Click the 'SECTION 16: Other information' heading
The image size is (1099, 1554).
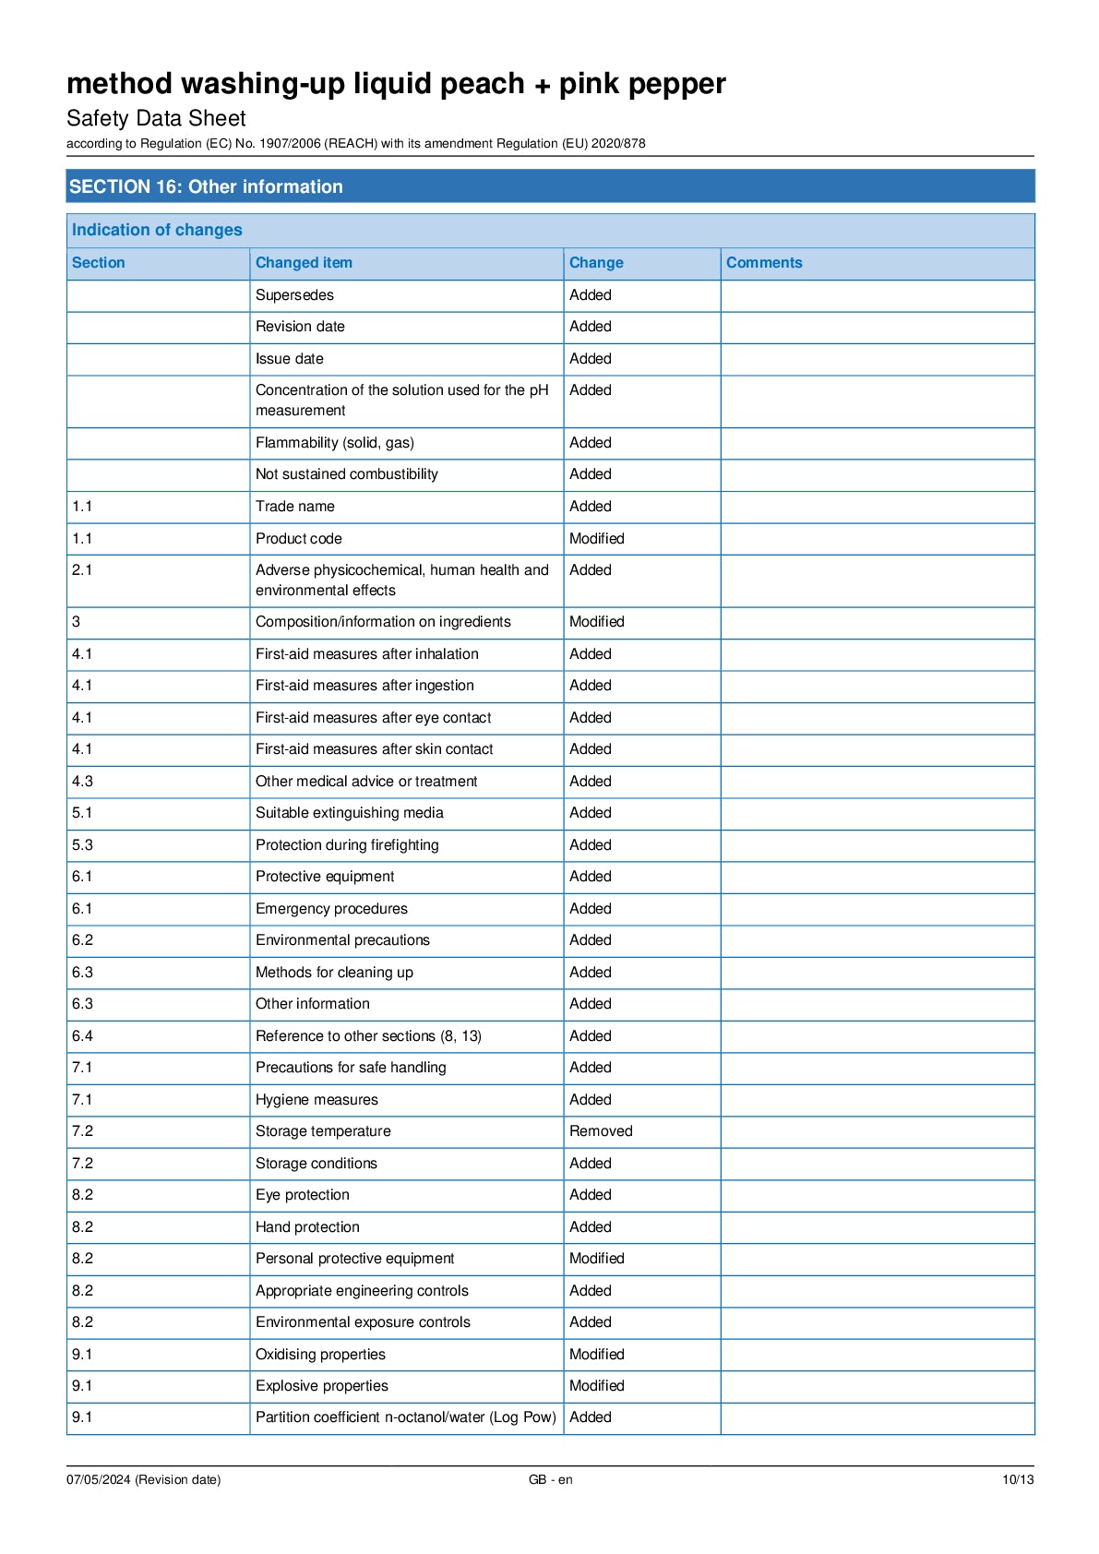[206, 186]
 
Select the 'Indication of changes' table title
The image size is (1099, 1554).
[157, 230]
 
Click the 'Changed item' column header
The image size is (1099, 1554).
[304, 263]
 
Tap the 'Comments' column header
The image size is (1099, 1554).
[764, 263]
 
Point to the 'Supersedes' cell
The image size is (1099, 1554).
[294, 295]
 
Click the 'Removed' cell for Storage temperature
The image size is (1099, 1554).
[601, 1131]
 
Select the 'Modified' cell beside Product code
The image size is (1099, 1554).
[596, 539]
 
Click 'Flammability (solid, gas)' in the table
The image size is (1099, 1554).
[335, 443]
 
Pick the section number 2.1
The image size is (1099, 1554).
[82, 570]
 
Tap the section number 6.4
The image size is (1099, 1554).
[82, 1036]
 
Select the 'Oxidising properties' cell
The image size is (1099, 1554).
[320, 1355]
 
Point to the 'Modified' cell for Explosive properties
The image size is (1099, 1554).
[596, 1386]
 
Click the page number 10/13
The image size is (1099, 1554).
[1018, 1480]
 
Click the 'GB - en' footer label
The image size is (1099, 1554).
[550, 1480]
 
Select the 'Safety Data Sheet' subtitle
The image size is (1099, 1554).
[156, 118]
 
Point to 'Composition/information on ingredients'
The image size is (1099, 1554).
[383, 622]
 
